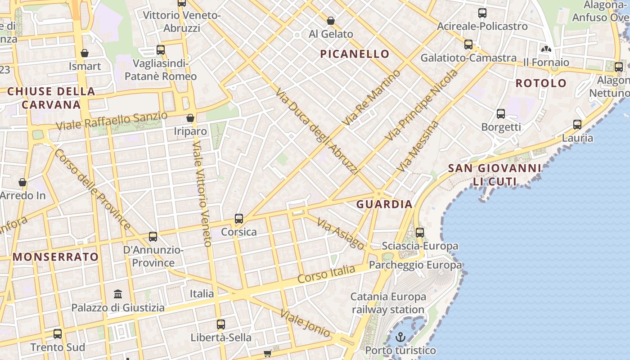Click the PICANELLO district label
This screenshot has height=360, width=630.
tap(355, 54)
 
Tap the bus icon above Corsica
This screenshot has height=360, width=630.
tap(239, 219)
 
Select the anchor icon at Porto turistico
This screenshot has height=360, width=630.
tap(400, 337)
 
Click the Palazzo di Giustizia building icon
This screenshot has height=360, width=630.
tap(118, 294)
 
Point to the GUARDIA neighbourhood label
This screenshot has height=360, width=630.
tap(384, 204)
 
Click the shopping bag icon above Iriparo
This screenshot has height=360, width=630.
tap(190, 118)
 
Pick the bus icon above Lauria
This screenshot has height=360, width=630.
tap(577, 124)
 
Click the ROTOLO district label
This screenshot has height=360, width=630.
tap(541, 83)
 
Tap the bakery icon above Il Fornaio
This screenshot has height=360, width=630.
tap(546, 49)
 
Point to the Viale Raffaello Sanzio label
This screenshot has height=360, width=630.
tap(112, 120)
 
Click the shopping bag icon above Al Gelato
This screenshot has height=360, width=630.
tap(331, 21)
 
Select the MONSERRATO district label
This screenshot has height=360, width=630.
tap(55, 257)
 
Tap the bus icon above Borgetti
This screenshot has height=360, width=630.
tap(501, 113)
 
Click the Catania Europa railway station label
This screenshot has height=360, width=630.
tap(388, 303)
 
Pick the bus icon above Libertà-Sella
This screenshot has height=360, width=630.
tap(220, 324)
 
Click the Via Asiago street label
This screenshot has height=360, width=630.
tap(341, 234)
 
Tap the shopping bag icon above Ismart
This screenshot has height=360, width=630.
tap(85, 53)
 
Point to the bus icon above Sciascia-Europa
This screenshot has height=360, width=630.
tap(420, 232)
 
